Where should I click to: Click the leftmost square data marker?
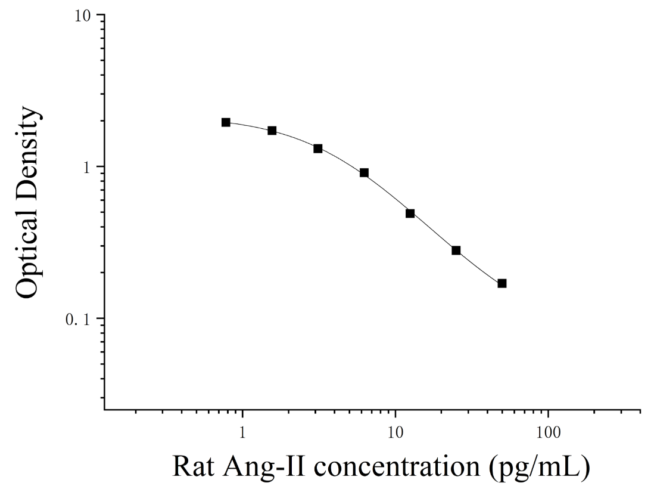point(226,122)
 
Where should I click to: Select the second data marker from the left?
point(272,131)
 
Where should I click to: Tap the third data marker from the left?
point(318,148)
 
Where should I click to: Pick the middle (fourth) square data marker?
point(364,173)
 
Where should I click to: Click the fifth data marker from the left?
point(410,213)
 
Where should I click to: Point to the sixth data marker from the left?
point(456,250)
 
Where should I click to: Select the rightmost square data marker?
point(502,283)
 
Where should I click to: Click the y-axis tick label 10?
point(83,16)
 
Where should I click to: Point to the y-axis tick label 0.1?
point(79,320)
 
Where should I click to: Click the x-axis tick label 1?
point(242,432)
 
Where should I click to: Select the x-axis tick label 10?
point(395,432)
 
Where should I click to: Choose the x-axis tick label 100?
point(548,432)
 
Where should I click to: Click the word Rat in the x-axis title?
point(193,466)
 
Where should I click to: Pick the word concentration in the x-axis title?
point(397,468)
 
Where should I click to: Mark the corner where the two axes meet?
point(104,410)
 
